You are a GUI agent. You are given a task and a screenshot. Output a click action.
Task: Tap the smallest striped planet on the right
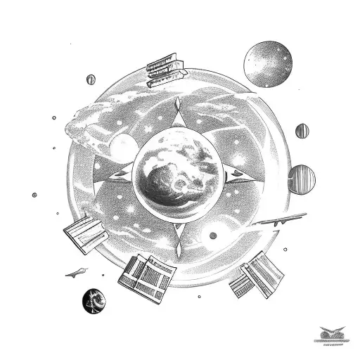coord(302,130)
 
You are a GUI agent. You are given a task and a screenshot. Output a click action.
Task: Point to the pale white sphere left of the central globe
coord(124,148)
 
